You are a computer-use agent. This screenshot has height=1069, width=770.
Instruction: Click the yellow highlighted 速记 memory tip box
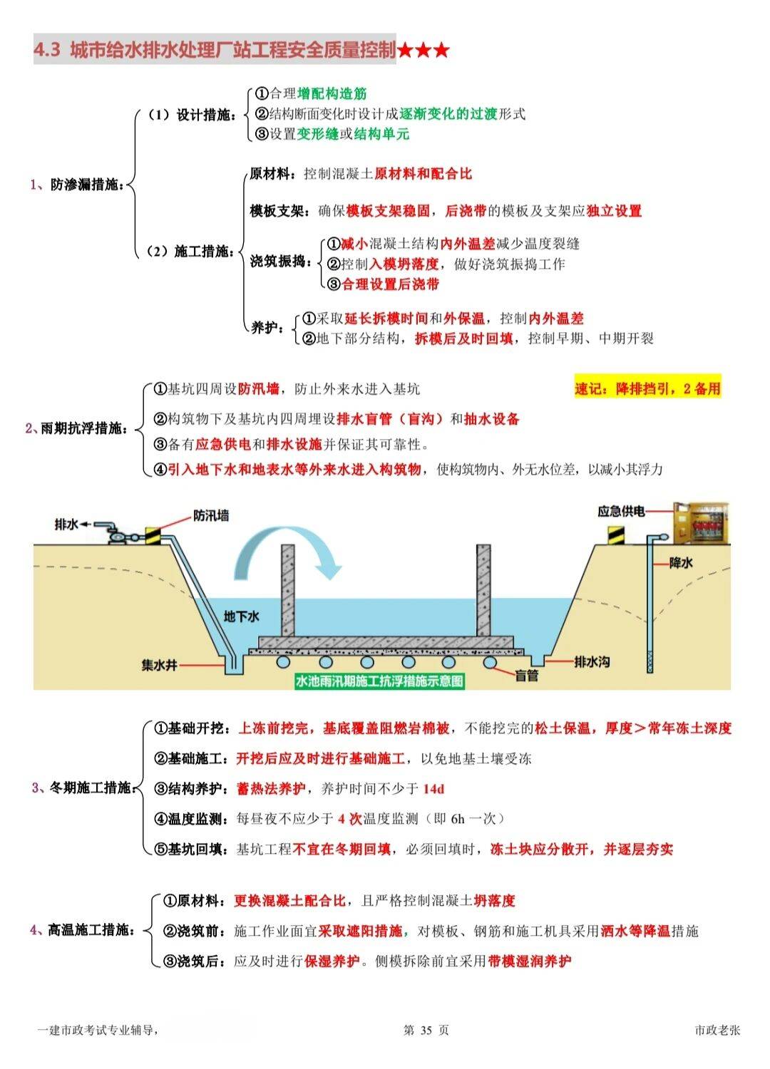pyautogui.click(x=647, y=388)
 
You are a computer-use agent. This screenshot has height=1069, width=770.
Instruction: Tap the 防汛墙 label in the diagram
pyautogui.click(x=211, y=515)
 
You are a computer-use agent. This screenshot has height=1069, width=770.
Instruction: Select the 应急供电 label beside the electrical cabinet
pyautogui.click(x=621, y=512)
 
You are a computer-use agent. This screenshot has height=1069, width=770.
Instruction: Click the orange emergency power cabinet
pyautogui.click(x=702, y=523)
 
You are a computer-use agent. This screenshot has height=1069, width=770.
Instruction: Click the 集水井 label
pyautogui.click(x=159, y=665)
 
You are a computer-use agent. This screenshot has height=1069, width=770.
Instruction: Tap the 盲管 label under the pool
pyautogui.click(x=527, y=676)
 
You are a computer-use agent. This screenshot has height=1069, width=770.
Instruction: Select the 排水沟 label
pyautogui.click(x=592, y=661)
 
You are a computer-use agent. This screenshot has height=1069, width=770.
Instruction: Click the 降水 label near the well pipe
pyautogui.click(x=681, y=563)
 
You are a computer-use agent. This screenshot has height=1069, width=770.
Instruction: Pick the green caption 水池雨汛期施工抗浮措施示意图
pyautogui.click(x=379, y=681)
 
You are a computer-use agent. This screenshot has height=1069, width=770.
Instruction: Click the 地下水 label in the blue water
pyautogui.click(x=242, y=616)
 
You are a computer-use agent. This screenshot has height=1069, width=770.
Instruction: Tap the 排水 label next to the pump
pyautogui.click(x=66, y=525)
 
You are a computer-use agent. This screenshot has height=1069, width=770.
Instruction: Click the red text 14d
pyautogui.click(x=433, y=789)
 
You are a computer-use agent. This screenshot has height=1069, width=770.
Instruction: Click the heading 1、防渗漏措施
pyautogui.click(x=76, y=185)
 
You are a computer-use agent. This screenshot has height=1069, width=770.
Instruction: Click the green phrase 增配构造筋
pyautogui.click(x=332, y=93)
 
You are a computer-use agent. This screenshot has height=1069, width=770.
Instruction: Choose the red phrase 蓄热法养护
pyautogui.click(x=271, y=789)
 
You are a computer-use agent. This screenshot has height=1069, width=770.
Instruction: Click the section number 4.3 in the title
pyautogui.click(x=47, y=50)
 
